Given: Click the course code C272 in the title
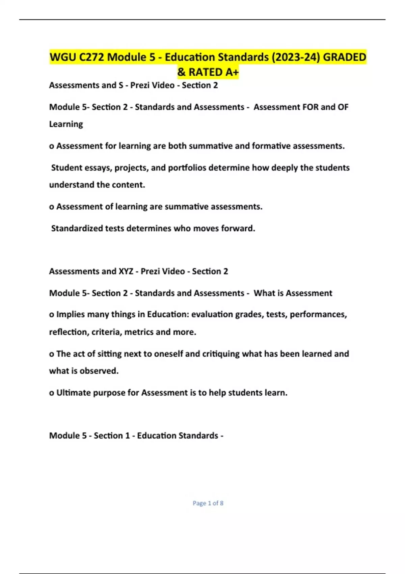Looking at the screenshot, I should (x=91, y=57).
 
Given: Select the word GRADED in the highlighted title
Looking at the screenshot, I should (x=344, y=57).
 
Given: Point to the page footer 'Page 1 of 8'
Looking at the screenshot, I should (x=208, y=503).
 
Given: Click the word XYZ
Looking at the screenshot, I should (x=126, y=271).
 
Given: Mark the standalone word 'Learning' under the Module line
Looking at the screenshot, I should (x=66, y=124).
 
